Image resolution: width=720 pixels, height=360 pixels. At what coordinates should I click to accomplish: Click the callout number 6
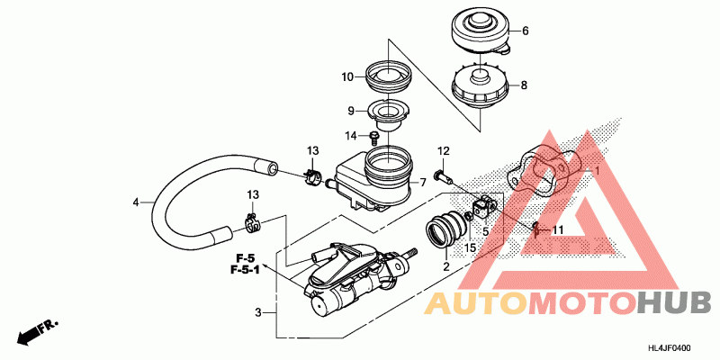coord(526,31)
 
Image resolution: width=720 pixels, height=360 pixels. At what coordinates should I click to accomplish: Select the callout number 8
coord(526,86)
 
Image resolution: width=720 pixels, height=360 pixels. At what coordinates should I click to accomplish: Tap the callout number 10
coord(346,77)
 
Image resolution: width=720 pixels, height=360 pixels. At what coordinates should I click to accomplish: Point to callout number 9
coord(353,112)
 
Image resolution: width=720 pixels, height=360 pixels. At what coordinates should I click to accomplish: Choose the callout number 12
coord(443,150)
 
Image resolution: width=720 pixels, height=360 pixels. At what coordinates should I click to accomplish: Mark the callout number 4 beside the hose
coord(136,202)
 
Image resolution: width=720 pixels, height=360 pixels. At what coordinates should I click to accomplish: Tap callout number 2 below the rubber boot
coord(445,266)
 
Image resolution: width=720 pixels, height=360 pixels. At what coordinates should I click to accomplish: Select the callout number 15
coord(470,246)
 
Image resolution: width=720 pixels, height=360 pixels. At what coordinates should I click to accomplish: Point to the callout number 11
coord(558,230)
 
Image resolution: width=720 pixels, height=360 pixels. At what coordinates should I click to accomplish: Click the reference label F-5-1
coord(245,269)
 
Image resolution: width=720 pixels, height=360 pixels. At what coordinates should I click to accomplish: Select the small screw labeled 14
coord(373,137)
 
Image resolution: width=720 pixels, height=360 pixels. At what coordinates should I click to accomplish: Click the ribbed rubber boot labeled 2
coord(446,229)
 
